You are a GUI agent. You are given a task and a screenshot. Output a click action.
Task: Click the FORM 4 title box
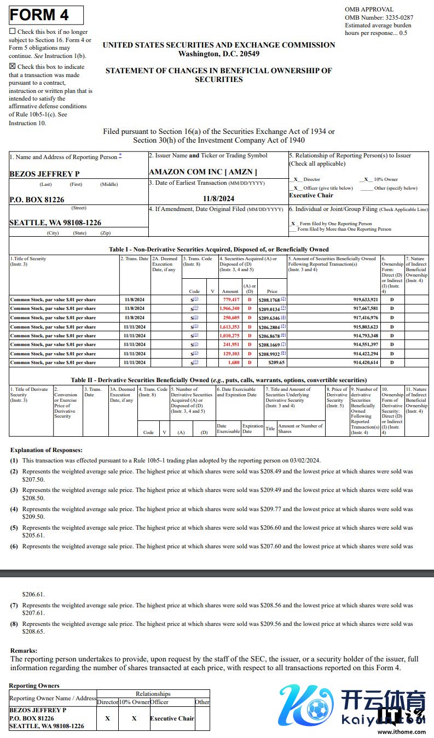click(47, 15)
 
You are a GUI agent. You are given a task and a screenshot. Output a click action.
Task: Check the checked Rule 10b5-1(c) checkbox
click(13, 66)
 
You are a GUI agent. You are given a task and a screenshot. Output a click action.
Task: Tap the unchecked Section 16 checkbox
click(13, 32)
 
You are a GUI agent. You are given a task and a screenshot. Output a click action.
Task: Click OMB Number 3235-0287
click(379, 17)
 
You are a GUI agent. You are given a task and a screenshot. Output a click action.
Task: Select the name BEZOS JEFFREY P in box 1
click(44, 174)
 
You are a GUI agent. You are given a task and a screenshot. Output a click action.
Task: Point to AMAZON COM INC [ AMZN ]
click(202, 172)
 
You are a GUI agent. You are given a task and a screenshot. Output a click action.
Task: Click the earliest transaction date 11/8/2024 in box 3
click(218, 198)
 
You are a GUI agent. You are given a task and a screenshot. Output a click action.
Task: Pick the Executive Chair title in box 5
click(311, 195)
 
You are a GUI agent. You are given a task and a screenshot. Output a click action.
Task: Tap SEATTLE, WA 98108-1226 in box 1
click(55, 222)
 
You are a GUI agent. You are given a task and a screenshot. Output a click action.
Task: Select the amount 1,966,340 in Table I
click(229, 308)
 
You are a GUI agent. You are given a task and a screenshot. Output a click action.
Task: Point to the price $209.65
click(268, 362)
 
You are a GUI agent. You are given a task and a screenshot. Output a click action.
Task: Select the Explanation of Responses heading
click(47, 450)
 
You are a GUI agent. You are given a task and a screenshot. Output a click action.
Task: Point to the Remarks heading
click(24, 651)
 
